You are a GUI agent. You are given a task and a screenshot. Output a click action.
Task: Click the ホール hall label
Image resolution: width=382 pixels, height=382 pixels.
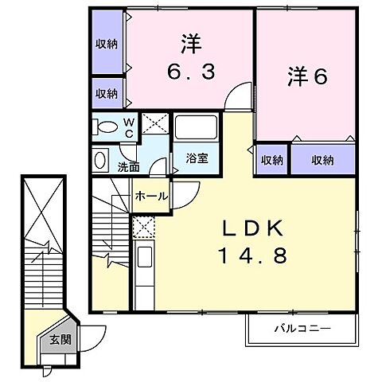click(150, 195)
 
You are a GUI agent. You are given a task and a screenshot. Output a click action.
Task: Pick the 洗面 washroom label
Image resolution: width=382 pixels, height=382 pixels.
click(129, 166)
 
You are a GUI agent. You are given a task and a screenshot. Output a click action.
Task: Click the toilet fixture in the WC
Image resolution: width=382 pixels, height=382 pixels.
click(103, 127)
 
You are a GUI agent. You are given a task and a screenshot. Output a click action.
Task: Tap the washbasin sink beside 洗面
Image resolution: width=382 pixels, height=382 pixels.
click(102, 161)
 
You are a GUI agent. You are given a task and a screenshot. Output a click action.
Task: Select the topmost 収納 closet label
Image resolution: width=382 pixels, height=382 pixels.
click(106, 44)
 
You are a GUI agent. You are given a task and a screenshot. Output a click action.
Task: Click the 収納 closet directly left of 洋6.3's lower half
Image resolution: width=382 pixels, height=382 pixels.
click(106, 93)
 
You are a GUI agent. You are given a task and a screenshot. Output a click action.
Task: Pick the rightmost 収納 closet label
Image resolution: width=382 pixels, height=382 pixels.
click(322, 160)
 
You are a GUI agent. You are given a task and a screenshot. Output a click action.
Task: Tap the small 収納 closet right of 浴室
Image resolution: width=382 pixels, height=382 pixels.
click(271, 160)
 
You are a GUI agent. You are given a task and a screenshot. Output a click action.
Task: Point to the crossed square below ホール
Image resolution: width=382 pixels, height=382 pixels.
click(144, 228)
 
